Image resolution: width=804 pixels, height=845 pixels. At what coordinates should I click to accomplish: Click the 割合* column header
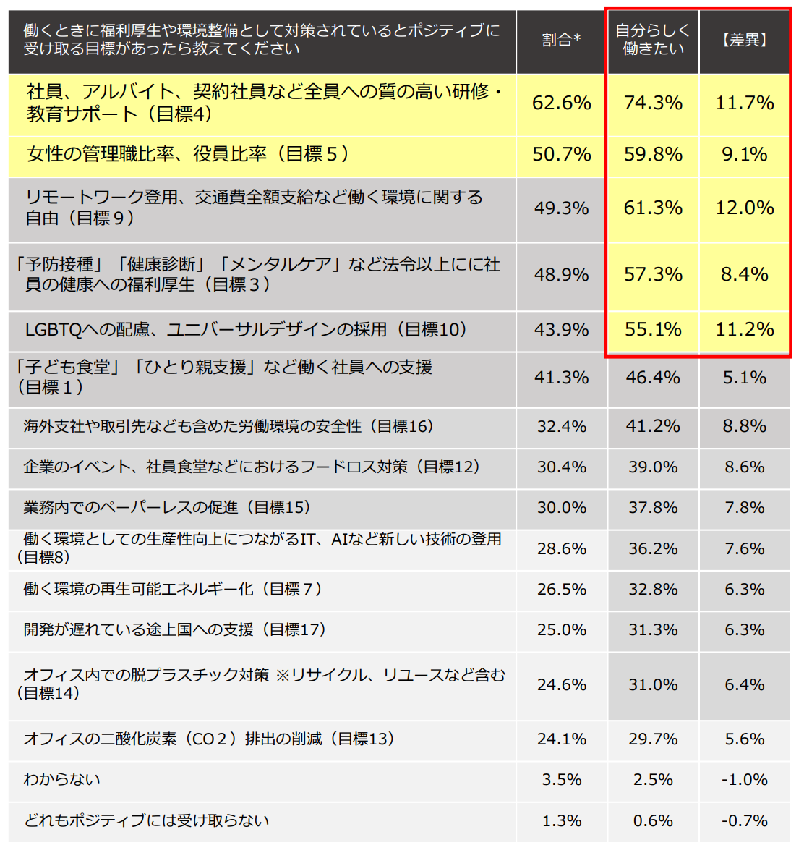(x=561, y=41)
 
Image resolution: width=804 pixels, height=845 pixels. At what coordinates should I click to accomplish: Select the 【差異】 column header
(x=744, y=41)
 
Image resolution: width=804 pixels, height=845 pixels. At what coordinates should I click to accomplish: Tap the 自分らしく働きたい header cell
(x=652, y=40)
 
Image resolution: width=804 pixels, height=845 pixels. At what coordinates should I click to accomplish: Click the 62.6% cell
(x=561, y=103)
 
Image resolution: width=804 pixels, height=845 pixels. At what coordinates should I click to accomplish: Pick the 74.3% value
(x=653, y=103)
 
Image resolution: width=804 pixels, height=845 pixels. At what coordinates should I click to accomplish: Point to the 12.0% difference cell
(x=744, y=208)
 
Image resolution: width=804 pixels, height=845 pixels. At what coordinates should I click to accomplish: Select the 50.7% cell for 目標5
(x=561, y=155)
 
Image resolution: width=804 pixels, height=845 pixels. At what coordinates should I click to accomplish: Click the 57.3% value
(x=653, y=275)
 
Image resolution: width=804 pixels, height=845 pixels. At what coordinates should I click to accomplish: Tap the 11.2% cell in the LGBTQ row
(x=744, y=330)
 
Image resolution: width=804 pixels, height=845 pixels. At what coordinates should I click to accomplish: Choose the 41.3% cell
(x=561, y=378)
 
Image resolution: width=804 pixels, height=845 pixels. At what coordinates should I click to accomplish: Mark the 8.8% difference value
(x=744, y=427)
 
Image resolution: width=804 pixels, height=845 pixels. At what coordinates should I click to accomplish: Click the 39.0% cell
(x=653, y=467)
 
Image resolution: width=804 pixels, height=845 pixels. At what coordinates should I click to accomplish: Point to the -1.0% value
(x=744, y=780)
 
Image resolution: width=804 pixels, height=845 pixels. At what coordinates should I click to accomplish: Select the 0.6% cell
(x=653, y=821)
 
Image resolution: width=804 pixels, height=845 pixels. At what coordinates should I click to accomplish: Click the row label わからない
(x=62, y=779)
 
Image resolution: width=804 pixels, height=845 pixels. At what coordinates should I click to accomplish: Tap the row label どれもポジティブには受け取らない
(x=146, y=820)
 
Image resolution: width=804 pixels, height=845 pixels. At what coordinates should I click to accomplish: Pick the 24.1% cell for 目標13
(x=561, y=739)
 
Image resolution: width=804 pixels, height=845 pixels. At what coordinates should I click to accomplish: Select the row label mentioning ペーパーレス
(x=167, y=508)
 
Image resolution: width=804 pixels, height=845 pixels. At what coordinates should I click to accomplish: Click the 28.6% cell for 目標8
(x=561, y=549)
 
